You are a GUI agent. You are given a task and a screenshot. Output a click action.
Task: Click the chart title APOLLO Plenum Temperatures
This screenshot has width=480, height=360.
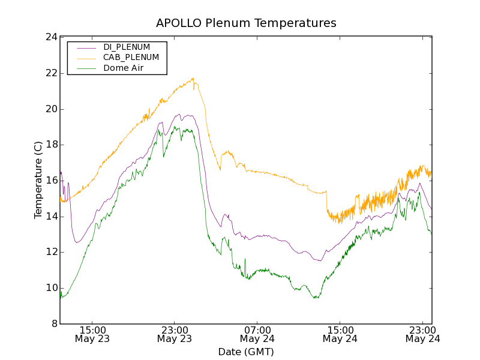(246, 23)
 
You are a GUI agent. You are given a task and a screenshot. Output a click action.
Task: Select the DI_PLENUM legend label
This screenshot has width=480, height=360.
(127, 47)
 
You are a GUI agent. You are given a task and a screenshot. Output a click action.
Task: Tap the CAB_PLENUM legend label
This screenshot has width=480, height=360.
(131, 58)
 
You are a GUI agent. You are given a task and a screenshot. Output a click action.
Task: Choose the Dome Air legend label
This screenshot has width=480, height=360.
(124, 68)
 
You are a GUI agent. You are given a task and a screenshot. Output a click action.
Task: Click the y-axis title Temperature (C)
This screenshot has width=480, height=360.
(38, 180)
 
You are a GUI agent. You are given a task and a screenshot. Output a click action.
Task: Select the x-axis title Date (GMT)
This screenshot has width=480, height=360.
(246, 352)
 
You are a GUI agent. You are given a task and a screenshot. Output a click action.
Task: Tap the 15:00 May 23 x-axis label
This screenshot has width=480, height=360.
(93, 334)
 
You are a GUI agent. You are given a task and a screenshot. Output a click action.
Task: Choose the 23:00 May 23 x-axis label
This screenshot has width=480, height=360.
(175, 334)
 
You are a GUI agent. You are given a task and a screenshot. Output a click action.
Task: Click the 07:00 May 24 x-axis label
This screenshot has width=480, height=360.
(257, 334)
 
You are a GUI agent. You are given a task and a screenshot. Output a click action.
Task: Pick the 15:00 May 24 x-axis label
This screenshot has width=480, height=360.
(340, 334)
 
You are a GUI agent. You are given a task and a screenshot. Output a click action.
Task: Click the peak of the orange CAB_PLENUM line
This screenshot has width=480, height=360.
(193, 78)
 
